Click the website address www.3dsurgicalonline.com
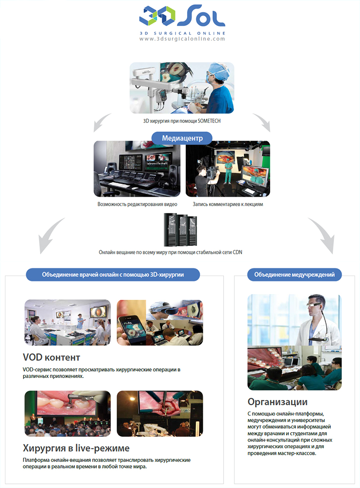click(x=182, y=39)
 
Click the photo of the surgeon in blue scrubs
click(x=182, y=88)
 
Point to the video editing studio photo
click(x=137, y=169)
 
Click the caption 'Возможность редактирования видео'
click(x=137, y=204)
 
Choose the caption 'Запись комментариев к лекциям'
click(x=228, y=204)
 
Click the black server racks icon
click(x=180, y=229)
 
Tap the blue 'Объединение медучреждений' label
click(x=294, y=274)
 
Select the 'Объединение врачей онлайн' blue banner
click(x=112, y=274)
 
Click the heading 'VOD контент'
click(x=51, y=357)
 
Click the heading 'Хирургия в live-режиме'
click(x=76, y=448)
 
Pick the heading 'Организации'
click(x=278, y=402)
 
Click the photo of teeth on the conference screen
click(x=67, y=413)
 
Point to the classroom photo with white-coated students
click(x=67, y=322)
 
